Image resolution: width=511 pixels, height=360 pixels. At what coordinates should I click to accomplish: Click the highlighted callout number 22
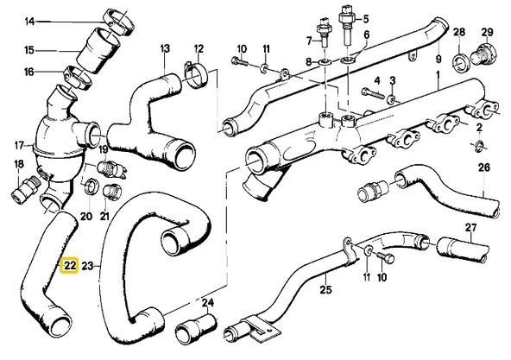(x=70, y=267)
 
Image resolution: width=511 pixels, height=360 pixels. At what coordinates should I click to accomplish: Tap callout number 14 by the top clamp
(x=30, y=21)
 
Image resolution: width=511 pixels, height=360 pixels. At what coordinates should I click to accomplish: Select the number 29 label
(x=486, y=32)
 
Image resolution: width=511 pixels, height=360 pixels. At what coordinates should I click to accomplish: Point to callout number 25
(x=325, y=289)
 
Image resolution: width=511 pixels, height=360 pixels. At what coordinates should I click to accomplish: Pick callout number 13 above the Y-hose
(x=164, y=49)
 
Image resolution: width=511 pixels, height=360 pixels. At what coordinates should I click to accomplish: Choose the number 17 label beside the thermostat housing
(x=19, y=144)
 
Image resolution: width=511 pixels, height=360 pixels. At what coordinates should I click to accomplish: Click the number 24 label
(x=207, y=303)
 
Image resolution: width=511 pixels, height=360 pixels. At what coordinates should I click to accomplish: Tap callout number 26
(x=483, y=167)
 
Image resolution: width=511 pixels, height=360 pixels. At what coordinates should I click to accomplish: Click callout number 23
(x=90, y=267)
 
